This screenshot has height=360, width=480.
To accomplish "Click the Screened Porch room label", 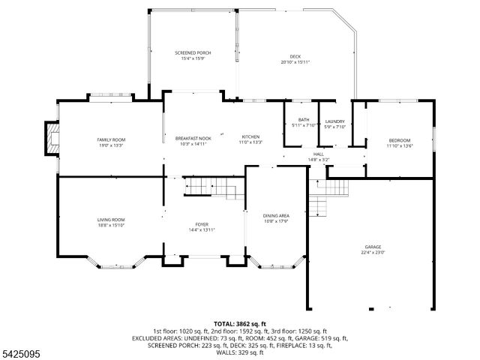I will (193, 52).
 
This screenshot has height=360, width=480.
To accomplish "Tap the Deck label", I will (295, 56).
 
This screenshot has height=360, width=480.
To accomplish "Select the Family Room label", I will (110, 140).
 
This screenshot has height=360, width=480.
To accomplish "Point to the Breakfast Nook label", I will (193, 138).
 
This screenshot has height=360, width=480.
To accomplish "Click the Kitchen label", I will (250, 137).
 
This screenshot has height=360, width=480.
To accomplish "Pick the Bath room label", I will (303, 120).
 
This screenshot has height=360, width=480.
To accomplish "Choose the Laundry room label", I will (334, 121).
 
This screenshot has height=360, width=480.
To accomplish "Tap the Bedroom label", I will (400, 140).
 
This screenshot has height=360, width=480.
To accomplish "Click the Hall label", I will (319, 154).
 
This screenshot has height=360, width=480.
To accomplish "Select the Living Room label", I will (110, 220).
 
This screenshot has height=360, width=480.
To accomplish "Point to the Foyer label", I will (202, 224).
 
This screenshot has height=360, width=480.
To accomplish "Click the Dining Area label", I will (276, 216).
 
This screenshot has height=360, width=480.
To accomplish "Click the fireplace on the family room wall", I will (51, 139).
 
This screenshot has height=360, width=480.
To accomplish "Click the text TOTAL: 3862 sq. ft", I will (239, 323).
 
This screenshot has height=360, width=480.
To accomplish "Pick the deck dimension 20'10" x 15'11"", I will (295, 62).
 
